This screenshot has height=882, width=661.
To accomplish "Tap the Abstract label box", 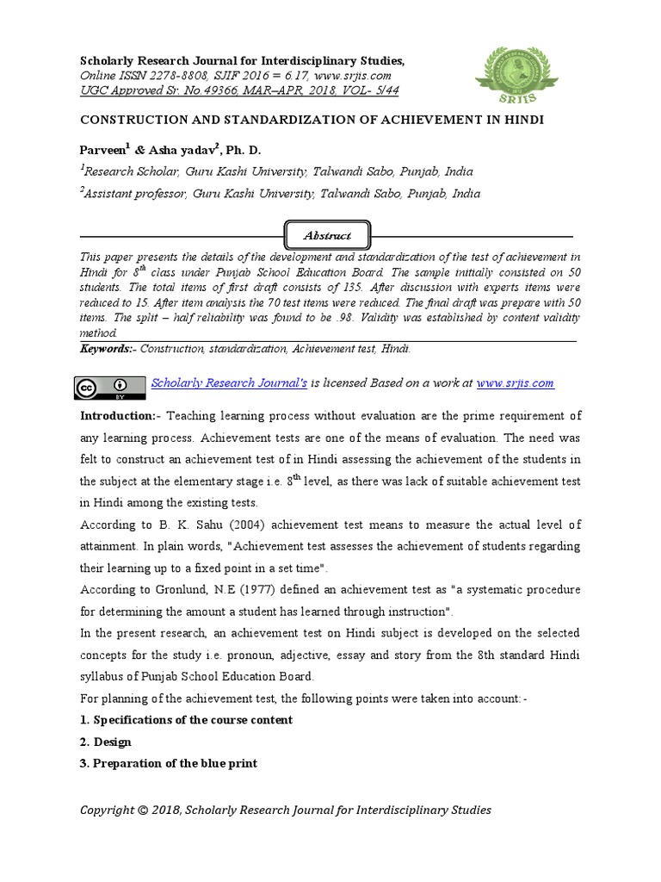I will coord(327,235).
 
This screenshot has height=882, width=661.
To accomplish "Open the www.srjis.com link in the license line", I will coord(515,383).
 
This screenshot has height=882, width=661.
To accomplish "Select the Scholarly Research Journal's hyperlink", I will coord(229,383).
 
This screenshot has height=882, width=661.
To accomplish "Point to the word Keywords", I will coord(107,349).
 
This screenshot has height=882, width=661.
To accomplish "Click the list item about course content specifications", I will coord(186,720).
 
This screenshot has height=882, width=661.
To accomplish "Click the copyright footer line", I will coord(286,810).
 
